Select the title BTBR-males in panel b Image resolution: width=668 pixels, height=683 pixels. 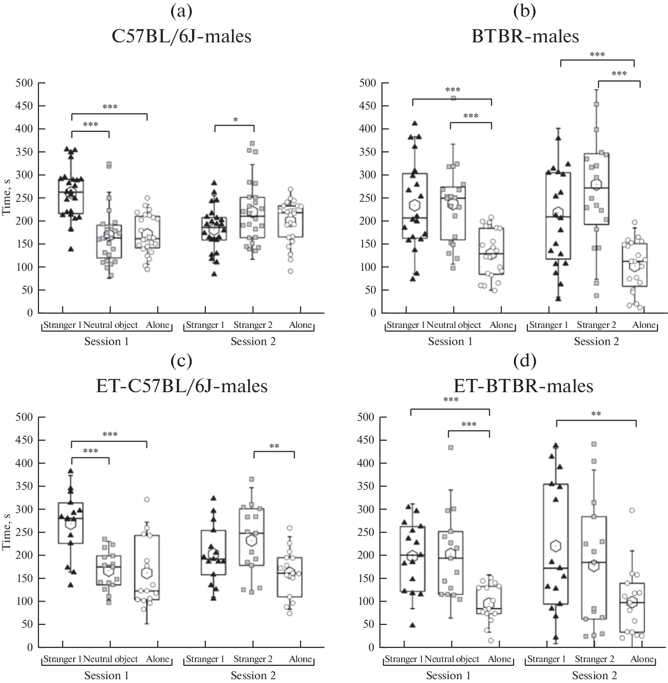coord(525,36)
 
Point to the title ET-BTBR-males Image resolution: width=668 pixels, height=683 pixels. coord(525,386)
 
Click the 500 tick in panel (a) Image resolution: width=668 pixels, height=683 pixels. coord(23,83)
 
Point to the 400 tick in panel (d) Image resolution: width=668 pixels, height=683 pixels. coord(367,464)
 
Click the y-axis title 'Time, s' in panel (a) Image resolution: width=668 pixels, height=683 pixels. coord(6,198)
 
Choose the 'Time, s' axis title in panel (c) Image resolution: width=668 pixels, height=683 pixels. coord(6,533)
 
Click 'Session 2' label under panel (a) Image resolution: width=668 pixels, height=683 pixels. coord(253,342)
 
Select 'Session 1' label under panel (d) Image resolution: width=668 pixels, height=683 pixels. coord(448,676)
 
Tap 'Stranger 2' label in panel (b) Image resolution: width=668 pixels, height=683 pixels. coord(596,326)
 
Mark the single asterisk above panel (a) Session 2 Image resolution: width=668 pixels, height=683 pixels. coord(235,120)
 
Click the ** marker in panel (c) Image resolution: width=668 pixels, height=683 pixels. coord(274,446)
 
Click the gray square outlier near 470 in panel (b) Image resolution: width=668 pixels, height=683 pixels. coord(454,99)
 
